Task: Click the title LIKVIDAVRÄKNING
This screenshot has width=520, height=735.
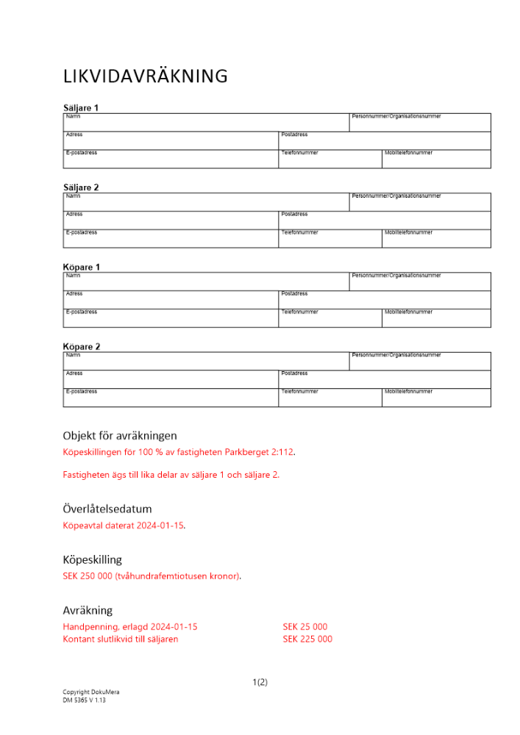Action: click(x=145, y=76)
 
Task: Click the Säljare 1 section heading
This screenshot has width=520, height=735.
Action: click(x=81, y=108)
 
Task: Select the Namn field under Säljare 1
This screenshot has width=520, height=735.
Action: click(x=206, y=123)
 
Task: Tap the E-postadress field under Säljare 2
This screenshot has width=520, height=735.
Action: click(x=171, y=239)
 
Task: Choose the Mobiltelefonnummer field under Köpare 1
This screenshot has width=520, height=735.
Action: click(x=435, y=318)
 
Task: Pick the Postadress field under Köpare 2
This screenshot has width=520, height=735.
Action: click(x=384, y=379)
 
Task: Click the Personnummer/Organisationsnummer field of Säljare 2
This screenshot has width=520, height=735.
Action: click(x=419, y=202)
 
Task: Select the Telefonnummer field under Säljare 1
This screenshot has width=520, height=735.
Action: click(x=330, y=159)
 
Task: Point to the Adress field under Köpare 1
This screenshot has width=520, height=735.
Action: click(x=171, y=300)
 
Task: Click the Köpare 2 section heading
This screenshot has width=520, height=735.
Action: click(x=82, y=347)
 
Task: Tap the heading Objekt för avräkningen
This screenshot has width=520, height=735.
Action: click(x=120, y=436)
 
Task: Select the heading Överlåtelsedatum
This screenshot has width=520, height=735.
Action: click(x=107, y=509)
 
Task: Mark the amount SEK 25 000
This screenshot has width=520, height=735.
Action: click(x=304, y=627)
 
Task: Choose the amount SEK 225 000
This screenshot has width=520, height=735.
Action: click(x=307, y=639)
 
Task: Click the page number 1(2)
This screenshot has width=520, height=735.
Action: click(x=260, y=682)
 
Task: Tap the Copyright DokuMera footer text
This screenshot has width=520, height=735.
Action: click(x=91, y=692)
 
